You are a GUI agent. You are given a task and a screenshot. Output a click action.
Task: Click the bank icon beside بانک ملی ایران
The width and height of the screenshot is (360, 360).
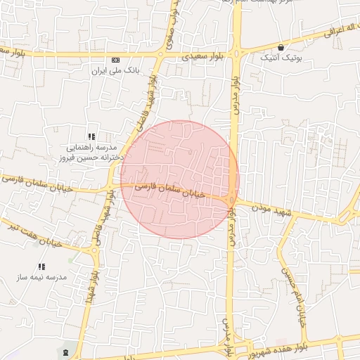pyautogui.click(x=116, y=60)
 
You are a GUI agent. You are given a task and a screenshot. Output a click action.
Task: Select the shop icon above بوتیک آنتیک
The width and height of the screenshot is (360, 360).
pyautogui.click(x=281, y=47)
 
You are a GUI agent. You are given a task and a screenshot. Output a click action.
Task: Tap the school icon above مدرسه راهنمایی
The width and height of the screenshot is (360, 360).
pyautogui.click(x=91, y=136)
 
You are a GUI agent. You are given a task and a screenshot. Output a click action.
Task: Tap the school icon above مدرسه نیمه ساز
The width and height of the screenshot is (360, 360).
pyautogui.click(x=42, y=266)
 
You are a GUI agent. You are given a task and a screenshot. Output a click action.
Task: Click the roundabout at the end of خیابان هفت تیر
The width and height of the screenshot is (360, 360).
pyautogui.click(x=94, y=250)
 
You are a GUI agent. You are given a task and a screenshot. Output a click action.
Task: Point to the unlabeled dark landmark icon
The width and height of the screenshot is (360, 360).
pyautogui.click(x=66, y=351)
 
